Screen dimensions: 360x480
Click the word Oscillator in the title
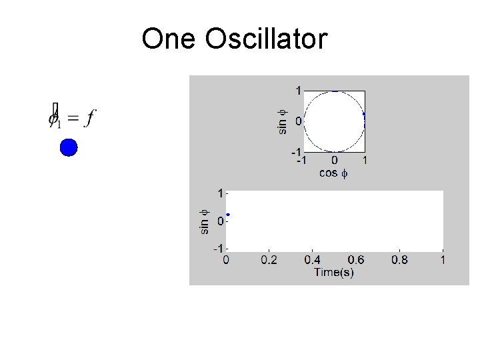[267, 39]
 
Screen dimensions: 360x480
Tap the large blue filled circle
[69, 147]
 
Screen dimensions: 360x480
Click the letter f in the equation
[91, 118]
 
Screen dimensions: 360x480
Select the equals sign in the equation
[73, 119]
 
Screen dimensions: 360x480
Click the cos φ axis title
[334, 173]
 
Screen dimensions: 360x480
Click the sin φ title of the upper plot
[283, 121]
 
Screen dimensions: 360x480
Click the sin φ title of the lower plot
[205, 221]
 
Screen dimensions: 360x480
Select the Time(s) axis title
[334, 273]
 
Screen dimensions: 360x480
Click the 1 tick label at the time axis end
[443, 261]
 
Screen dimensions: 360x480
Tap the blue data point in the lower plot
[228, 215]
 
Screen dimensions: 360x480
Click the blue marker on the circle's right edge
[364, 115]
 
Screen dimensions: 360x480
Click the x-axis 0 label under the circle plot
[334, 161]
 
